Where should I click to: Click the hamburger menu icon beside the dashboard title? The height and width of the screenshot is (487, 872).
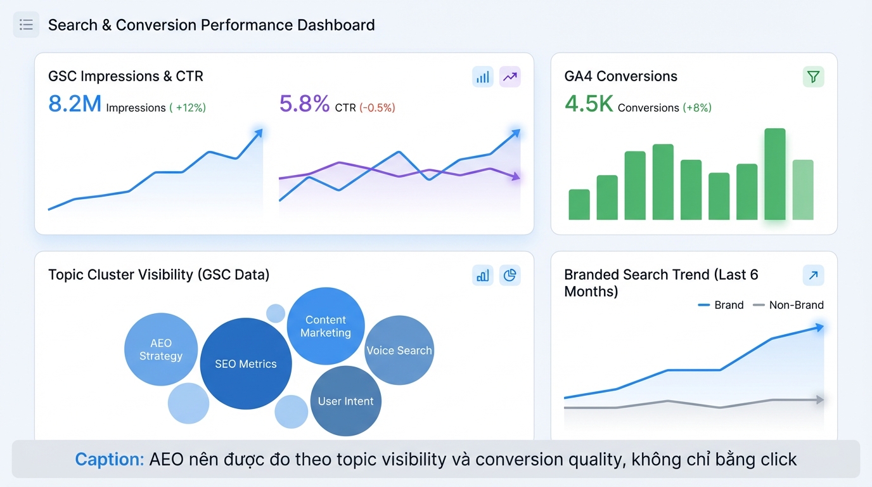pyautogui.click(x=26, y=25)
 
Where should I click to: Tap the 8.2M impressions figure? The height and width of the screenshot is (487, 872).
pyautogui.click(x=75, y=103)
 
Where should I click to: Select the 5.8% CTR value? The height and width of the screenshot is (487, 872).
pyautogui.click(x=304, y=103)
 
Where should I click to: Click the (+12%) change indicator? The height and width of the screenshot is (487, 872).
pyautogui.click(x=188, y=108)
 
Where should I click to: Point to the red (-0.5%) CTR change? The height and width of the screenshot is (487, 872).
pyautogui.click(x=377, y=108)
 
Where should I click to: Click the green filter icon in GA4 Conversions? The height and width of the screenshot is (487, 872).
pyautogui.click(x=813, y=77)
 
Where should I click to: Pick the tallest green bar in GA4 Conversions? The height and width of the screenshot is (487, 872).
pyautogui.click(x=774, y=174)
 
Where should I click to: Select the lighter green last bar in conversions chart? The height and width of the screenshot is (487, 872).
pyautogui.click(x=803, y=190)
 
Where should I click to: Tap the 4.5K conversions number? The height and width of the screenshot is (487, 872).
pyautogui.click(x=589, y=104)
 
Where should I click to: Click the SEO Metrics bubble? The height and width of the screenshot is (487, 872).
pyautogui.click(x=246, y=364)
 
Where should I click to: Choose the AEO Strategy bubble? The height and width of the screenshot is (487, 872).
pyautogui.click(x=161, y=349)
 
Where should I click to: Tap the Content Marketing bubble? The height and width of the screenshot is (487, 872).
pyautogui.click(x=326, y=326)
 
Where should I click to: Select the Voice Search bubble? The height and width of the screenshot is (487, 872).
pyautogui.click(x=399, y=351)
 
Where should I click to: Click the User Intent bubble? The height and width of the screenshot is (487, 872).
pyautogui.click(x=346, y=401)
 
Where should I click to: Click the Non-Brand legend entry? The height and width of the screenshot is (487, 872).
pyautogui.click(x=788, y=305)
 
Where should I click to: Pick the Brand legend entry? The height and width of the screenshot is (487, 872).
pyautogui.click(x=721, y=305)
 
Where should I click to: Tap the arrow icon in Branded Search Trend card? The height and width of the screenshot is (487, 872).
pyautogui.click(x=813, y=275)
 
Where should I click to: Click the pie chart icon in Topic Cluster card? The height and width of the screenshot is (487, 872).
pyautogui.click(x=510, y=275)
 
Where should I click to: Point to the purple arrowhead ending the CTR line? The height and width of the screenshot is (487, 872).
pyautogui.click(x=516, y=178)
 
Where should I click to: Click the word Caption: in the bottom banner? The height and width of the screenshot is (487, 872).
pyautogui.click(x=109, y=459)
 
